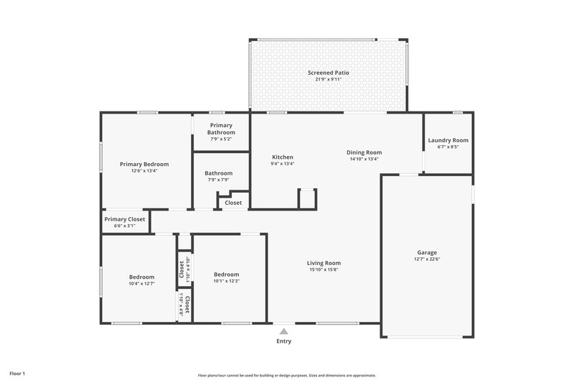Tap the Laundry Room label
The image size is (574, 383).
coord(448,140)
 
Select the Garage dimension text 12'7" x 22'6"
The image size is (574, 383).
coord(427,260)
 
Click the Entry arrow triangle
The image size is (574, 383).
coord(284,331)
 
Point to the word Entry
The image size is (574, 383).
coord(284,341)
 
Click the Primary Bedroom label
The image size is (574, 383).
coord(144,164)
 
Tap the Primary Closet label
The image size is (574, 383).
coord(125,219)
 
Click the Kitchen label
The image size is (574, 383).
coord(282,157)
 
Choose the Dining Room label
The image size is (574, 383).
coord(364,152)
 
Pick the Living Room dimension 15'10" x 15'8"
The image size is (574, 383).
coord(323,270)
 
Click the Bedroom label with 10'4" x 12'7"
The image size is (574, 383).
coord(141,277)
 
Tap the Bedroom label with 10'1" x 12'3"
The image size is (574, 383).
coord(226,274)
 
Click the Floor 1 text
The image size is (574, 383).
coord(17,374)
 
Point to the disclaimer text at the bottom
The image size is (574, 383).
coord(287,375)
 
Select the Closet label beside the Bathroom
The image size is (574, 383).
coord(233,203)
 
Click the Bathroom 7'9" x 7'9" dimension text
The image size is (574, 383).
coord(218,180)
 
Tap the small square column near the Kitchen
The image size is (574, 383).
coord(307,198)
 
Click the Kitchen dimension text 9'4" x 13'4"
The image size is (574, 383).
coord(282,164)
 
